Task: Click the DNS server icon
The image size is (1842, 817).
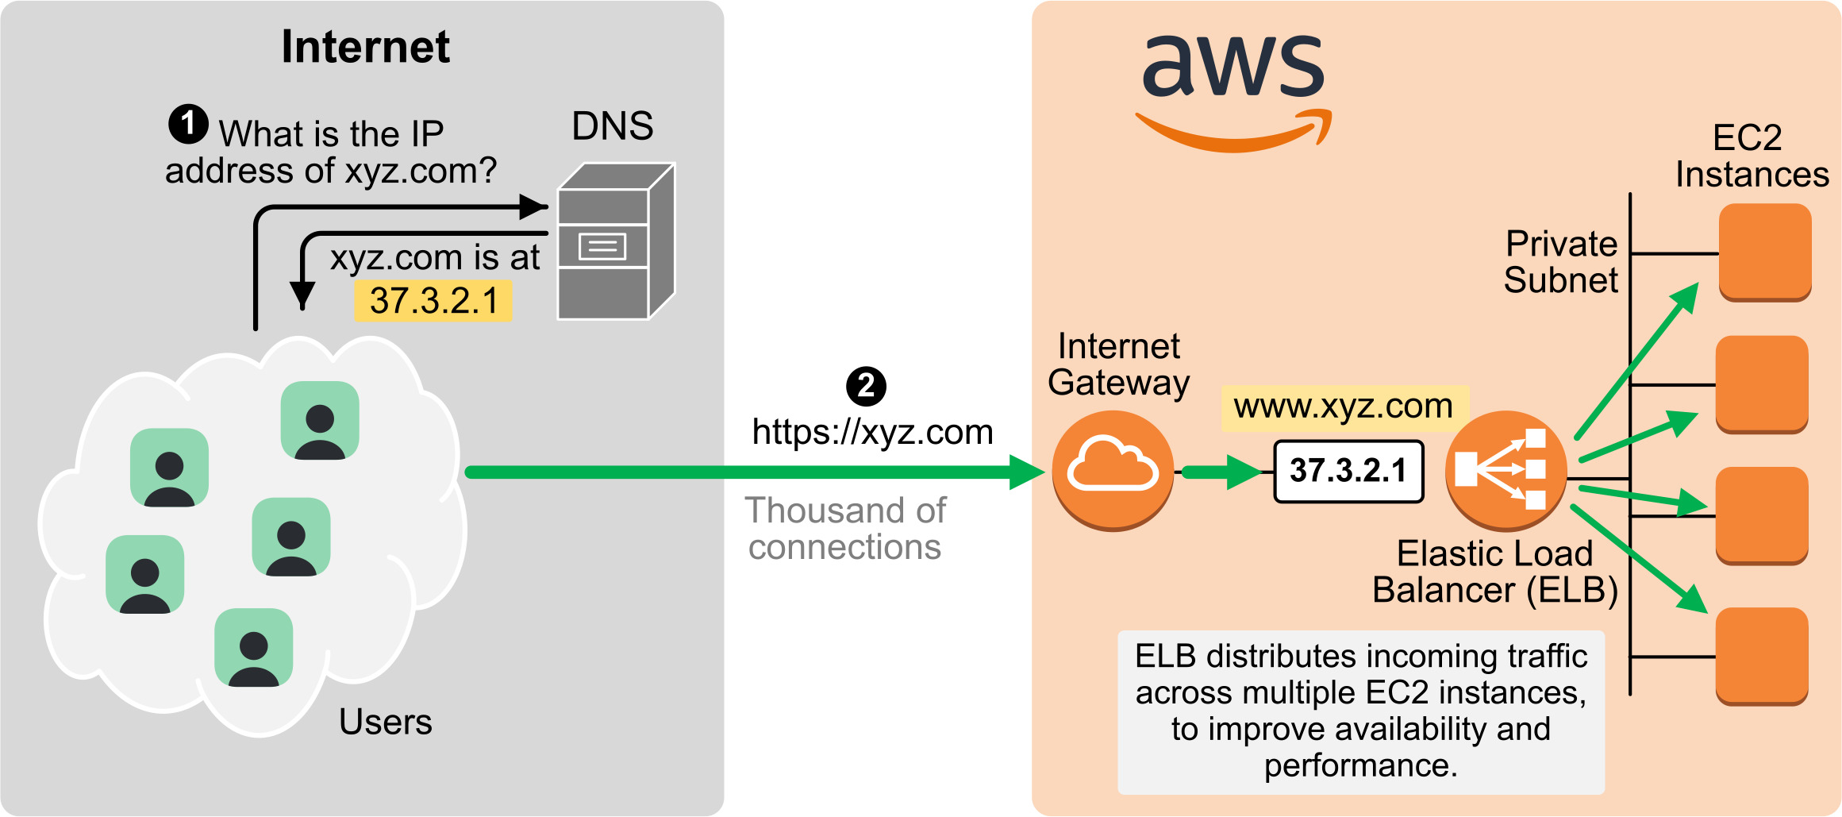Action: [x=616, y=242]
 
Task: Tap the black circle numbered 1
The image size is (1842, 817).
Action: [x=188, y=124]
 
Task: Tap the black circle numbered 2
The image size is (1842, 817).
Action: [x=866, y=387]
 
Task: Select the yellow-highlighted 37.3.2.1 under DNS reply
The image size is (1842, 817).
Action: [x=433, y=301]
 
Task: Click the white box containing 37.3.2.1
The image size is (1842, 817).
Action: [x=1348, y=471]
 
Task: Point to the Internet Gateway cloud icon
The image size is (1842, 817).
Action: [x=1113, y=470]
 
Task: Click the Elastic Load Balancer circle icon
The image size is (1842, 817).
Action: [x=1506, y=470]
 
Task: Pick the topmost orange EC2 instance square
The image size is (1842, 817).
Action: [x=1765, y=252]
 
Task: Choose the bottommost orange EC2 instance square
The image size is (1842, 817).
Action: [x=1762, y=656]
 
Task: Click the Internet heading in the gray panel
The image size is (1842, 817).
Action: [x=366, y=46]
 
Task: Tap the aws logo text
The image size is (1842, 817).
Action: [x=1233, y=67]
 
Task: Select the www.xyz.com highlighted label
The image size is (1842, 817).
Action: [x=1344, y=407]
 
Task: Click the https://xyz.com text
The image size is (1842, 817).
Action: [x=872, y=433]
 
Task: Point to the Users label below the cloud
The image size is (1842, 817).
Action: [x=386, y=722]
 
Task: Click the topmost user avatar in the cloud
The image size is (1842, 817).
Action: [x=320, y=420]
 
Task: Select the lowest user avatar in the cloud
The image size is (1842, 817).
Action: [x=253, y=647]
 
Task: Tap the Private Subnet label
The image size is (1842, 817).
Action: [x=1560, y=262]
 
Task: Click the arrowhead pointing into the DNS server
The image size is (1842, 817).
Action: [x=533, y=207]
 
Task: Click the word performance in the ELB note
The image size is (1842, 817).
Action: [x=1359, y=765]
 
